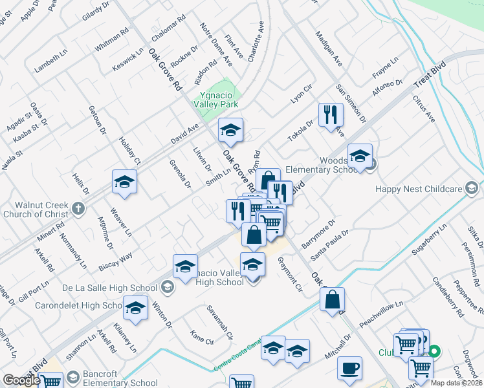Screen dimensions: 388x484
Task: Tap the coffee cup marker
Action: click(349, 369)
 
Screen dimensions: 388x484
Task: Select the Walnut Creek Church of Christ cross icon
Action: click(78, 208)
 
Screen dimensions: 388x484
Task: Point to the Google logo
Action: click(21, 380)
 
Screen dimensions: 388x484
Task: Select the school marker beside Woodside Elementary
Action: click(360, 156)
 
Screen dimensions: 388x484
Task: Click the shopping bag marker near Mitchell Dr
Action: click(332, 299)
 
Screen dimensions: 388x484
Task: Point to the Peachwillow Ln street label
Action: click(382, 310)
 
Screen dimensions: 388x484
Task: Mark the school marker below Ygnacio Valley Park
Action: click(230, 131)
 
